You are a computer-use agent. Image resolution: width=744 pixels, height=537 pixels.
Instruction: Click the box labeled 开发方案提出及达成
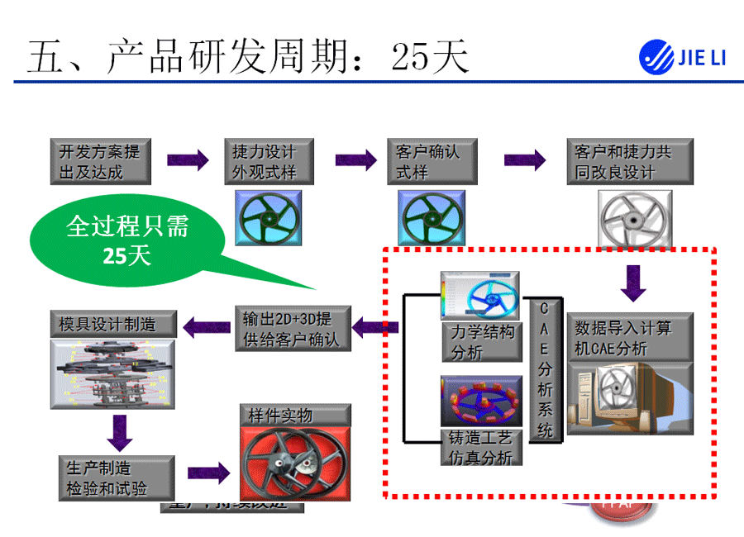pyautogui.click(x=99, y=161)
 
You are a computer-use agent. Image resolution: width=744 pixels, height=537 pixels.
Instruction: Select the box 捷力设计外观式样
pyautogui.click(x=264, y=161)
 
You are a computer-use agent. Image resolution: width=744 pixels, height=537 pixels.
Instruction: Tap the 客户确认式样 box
pyautogui.click(x=427, y=161)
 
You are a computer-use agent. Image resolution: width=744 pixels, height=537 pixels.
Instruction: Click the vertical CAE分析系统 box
pyautogui.click(x=545, y=369)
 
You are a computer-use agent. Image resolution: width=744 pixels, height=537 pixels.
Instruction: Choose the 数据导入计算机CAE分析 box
pyautogui.click(x=630, y=337)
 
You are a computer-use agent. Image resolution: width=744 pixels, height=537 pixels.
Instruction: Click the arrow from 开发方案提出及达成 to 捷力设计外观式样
pyautogui.click(x=188, y=160)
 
